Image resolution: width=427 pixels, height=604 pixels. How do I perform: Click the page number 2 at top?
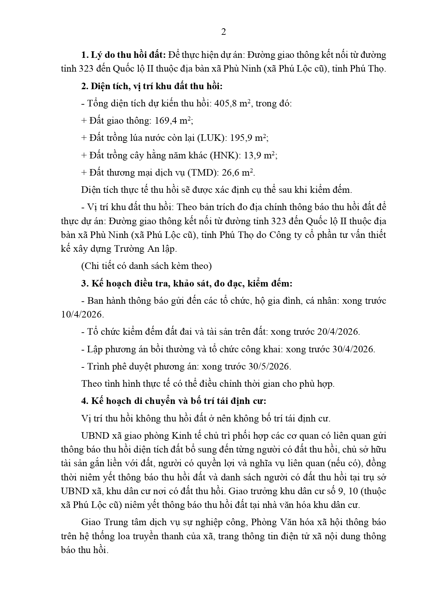223,32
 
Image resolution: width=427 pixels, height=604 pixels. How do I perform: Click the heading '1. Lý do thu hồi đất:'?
124,55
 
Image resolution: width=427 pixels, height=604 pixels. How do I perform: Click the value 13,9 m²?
260,155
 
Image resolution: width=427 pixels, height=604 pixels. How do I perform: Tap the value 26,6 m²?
237,173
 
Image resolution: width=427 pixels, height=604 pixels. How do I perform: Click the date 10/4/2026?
81,314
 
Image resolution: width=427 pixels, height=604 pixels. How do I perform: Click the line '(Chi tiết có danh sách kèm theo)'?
147,266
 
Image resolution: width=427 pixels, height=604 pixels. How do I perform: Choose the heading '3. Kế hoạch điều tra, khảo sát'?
186,283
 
